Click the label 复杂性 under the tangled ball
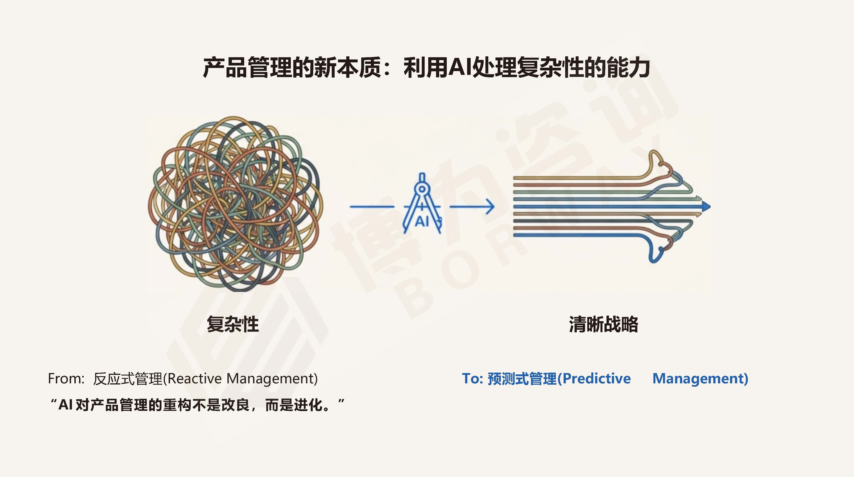(233, 324)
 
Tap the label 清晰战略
(603, 324)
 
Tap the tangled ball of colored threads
(235, 204)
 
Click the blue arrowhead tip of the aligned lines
(710, 207)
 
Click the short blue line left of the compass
(372, 207)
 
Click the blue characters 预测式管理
(522, 378)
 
